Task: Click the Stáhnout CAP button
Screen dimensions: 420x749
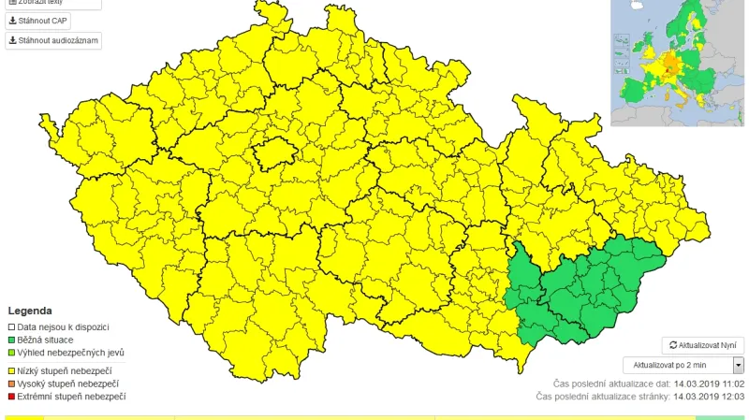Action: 38,21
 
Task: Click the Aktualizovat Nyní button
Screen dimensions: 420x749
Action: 702,345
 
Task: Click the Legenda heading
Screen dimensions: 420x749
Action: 30,311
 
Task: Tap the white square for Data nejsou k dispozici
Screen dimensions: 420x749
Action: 11,327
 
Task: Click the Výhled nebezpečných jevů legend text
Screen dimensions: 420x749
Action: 69,353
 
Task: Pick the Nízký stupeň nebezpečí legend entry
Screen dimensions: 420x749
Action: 66,371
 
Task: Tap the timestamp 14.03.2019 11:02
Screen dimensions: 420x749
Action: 706,384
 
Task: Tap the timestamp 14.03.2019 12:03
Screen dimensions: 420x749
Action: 706,397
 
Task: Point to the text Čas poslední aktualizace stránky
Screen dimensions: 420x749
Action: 599,397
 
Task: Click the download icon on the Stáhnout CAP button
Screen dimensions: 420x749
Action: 13,21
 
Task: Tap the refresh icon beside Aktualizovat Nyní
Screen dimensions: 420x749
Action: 672,345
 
